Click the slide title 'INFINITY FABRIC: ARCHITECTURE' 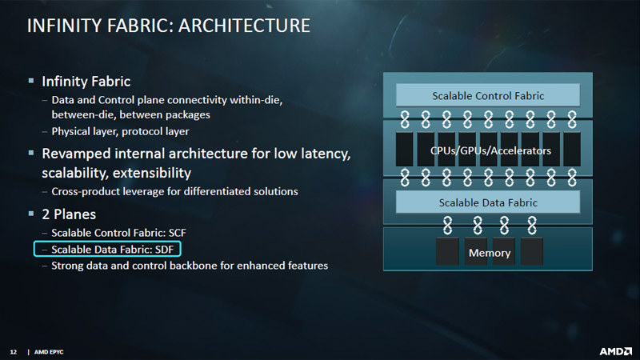(169, 26)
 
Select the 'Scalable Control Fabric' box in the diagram (488, 95)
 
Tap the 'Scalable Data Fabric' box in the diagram (488, 202)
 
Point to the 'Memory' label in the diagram (490, 253)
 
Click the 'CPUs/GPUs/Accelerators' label (490, 150)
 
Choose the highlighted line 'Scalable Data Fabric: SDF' (107, 249)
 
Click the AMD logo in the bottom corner (615, 351)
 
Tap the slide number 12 (14, 352)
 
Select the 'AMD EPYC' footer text (49, 352)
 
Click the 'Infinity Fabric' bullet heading (86, 82)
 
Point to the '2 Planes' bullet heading (69, 214)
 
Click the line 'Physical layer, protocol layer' (121, 131)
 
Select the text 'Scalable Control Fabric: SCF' (118, 233)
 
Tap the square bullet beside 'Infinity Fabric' (31, 81)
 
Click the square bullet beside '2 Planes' (31, 214)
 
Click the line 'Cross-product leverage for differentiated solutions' (174, 191)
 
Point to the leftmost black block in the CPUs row (405, 149)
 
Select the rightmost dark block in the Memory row (532, 251)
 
